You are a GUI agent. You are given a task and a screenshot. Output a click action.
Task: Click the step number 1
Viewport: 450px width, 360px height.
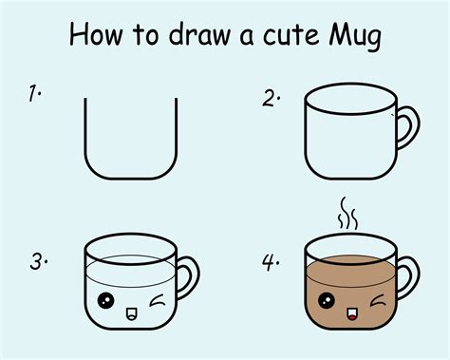[x=33, y=94]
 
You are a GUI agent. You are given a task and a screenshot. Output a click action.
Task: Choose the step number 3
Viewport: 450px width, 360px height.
[x=36, y=260]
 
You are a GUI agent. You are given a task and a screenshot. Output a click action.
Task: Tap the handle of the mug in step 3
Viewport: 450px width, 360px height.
[x=187, y=275]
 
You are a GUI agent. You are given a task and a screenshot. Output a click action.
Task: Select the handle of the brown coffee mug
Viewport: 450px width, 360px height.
[x=410, y=275]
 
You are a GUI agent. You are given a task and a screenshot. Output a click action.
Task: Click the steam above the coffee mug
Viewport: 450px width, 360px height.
[x=347, y=216]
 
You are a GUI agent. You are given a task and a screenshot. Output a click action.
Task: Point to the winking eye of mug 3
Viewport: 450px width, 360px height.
[x=157, y=304]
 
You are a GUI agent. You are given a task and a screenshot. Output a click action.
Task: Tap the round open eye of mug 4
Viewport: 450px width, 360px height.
[x=328, y=304]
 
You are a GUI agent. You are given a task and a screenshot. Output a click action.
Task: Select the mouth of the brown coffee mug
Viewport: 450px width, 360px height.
[x=355, y=312]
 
